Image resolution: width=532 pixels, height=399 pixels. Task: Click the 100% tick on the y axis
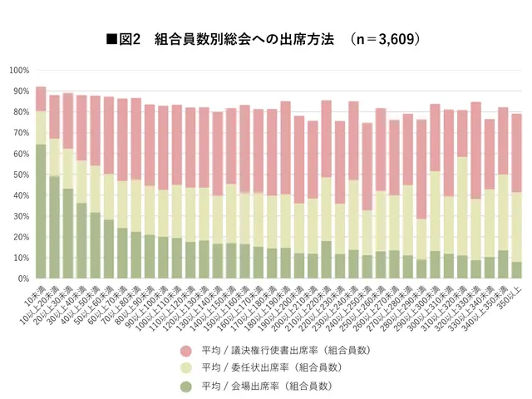pos(19,70)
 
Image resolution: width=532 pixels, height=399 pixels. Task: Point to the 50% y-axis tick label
pos(21,175)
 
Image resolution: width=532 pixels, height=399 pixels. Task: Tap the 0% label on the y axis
pos(23,279)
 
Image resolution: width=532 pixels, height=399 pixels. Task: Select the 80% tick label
pos(21,112)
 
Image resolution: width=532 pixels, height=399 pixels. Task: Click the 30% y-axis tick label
pos(21,216)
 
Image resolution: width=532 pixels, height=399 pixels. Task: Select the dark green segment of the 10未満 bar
pos(41,211)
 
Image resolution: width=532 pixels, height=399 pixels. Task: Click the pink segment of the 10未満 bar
pos(41,99)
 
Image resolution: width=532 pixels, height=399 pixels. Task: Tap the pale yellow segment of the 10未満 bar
pos(41,127)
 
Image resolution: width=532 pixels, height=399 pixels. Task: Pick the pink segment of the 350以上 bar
pos(516,153)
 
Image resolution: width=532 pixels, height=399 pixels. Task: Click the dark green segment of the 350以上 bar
pos(516,270)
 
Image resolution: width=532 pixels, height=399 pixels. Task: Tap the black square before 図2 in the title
pos(111,39)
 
